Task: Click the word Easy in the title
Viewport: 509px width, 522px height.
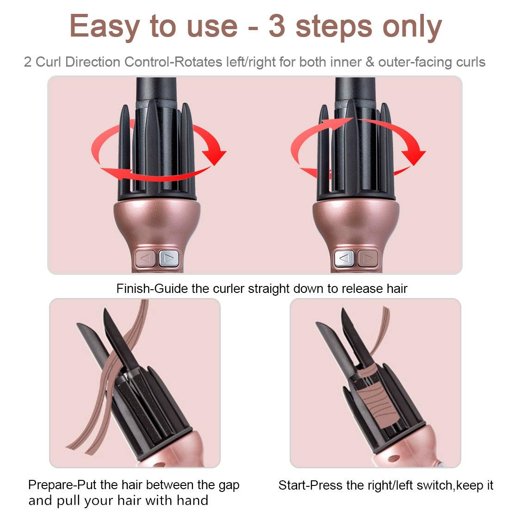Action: [x=104, y=27]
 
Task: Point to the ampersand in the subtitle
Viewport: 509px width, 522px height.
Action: [x=369, y=62]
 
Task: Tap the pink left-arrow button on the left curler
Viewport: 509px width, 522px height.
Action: [x=145, y=258]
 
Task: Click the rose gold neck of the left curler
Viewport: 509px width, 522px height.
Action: [x=157, y=222]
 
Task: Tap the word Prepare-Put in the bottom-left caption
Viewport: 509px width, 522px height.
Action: [x=62, y=485]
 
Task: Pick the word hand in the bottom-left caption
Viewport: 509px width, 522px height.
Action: [x=194, y=500]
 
